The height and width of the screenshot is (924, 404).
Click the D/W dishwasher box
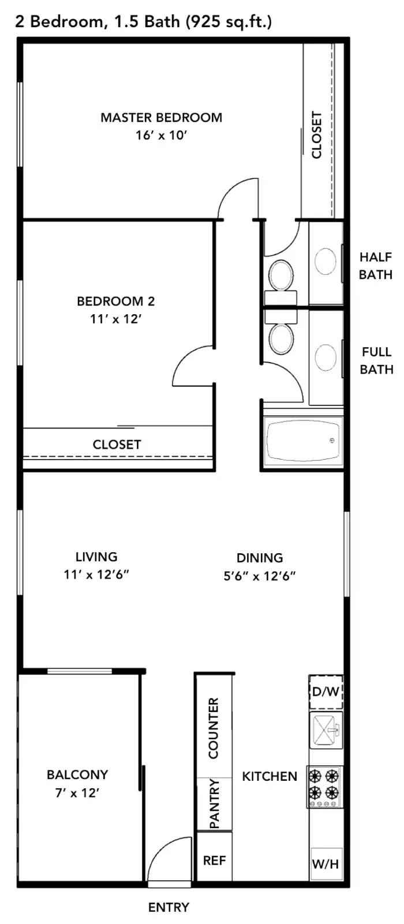326,691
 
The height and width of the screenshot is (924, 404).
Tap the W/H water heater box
326,864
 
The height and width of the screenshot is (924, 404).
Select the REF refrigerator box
214,860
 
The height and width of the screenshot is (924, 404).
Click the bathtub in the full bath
303,440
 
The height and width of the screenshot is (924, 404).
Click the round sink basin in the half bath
326,262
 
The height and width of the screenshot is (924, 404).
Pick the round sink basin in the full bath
326,357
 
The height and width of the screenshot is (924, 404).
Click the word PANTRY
214,803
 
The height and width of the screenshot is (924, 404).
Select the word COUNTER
214,728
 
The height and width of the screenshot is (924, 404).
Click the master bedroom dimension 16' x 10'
162,136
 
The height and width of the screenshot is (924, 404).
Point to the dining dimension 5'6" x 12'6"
260,575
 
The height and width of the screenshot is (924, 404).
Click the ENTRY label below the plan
169,907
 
